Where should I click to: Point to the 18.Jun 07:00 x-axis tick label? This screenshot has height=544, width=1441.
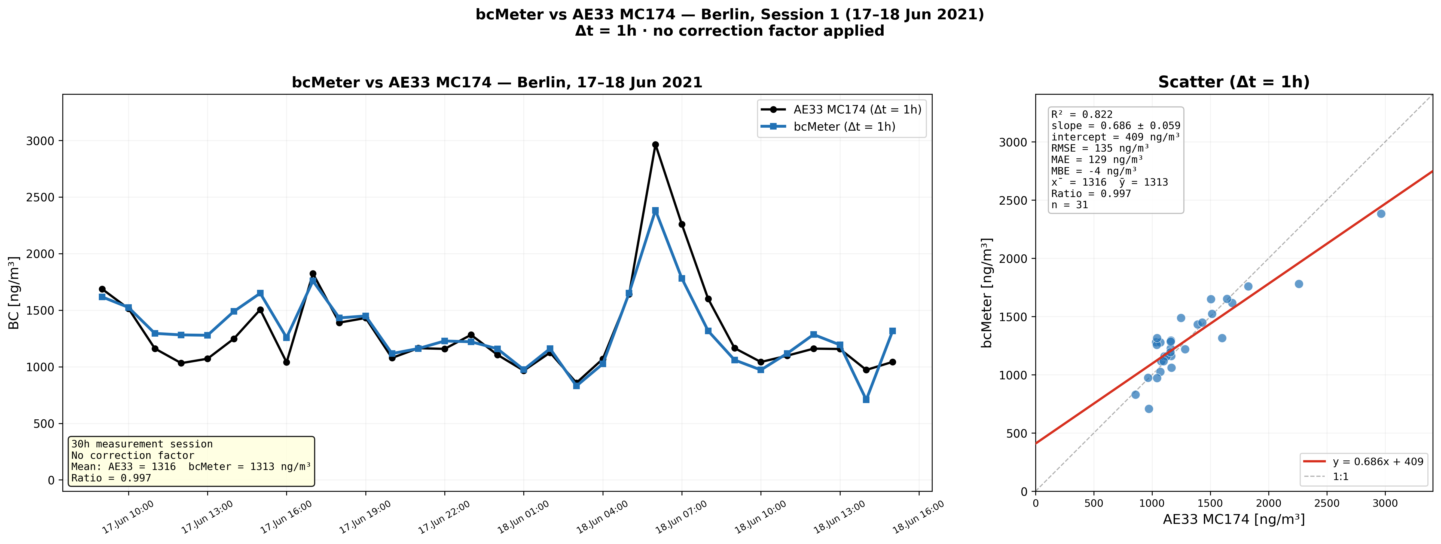(681, 517)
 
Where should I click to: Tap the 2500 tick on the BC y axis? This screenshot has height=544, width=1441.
(40, 197)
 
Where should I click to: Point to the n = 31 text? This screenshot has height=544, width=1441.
(1070, 205)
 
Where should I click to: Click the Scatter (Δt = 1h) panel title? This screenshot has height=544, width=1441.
(1234, 82)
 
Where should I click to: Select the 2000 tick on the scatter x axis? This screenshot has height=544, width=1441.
(1269, 503)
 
